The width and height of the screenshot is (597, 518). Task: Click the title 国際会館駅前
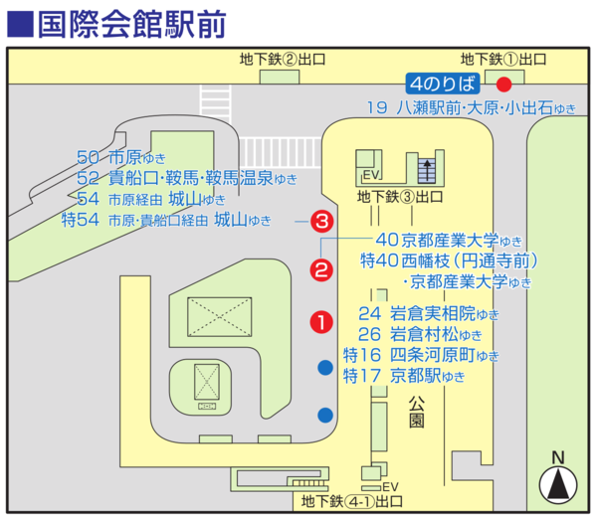[132, 24]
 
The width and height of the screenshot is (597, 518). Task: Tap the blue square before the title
[21, 25]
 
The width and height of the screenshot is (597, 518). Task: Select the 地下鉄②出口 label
[283, 60]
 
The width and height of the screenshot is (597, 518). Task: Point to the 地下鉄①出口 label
[503, 60]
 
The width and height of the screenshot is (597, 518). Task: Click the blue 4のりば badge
[443, 84]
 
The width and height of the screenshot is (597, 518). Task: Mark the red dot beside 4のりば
[504, 85]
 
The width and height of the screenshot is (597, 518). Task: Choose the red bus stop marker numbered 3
[322, 221]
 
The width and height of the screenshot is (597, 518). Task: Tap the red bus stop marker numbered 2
[321, 270]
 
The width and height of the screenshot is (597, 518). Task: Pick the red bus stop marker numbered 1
[321, 322]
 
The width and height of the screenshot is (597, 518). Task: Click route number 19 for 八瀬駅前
[377, 108]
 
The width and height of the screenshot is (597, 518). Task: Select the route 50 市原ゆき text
[121, 157]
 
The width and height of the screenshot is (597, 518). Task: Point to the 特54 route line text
[166, 220]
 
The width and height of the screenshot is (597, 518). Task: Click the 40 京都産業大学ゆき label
[449, 240]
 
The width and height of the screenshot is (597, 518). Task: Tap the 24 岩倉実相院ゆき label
[428, 314]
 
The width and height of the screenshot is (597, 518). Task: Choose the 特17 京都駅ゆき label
[404, 376]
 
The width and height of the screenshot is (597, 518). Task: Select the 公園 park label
[417, 412]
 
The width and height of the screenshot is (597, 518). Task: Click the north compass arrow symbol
[558, 484]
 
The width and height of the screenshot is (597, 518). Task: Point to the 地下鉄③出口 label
[400, 197]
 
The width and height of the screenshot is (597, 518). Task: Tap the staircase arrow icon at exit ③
[427, 170]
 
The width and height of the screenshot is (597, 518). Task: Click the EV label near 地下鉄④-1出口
[390, 487]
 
